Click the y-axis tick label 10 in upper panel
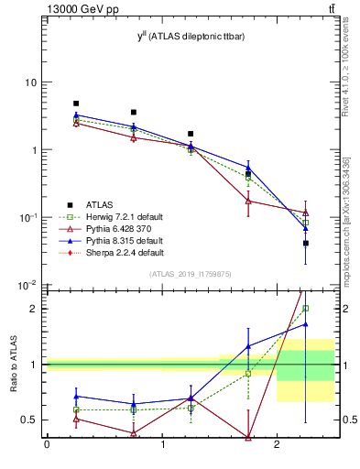30,82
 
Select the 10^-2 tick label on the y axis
28,285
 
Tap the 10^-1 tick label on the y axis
28,217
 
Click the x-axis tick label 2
277,445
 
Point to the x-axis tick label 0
47,445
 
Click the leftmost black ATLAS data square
76,104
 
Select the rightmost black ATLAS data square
306,243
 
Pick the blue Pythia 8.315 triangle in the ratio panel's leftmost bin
76,397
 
